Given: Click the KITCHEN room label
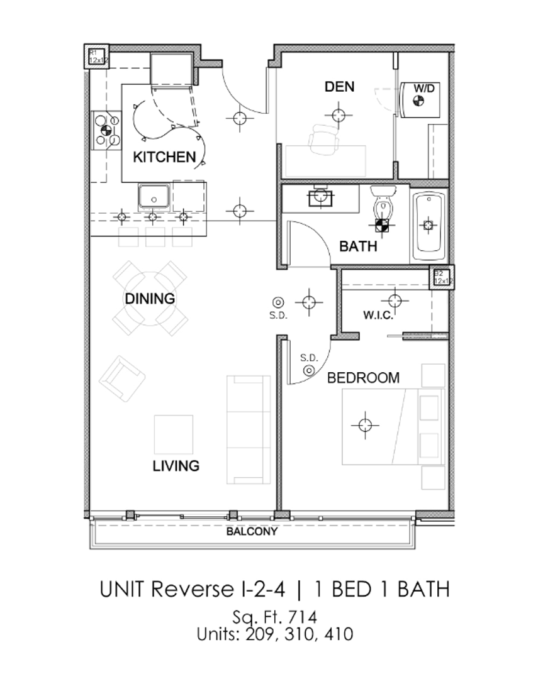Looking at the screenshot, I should point(164,157).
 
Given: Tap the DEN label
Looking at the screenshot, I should point(339,86).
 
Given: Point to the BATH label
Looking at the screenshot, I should point(358,246).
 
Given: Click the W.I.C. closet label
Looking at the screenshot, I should point(378,314).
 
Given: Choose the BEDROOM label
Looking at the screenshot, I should point(363,378).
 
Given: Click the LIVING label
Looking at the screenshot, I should point(176,466).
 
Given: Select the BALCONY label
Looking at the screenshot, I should point(252,531).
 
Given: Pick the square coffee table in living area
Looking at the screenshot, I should point(174,434).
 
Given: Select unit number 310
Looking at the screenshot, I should point(300,634).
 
